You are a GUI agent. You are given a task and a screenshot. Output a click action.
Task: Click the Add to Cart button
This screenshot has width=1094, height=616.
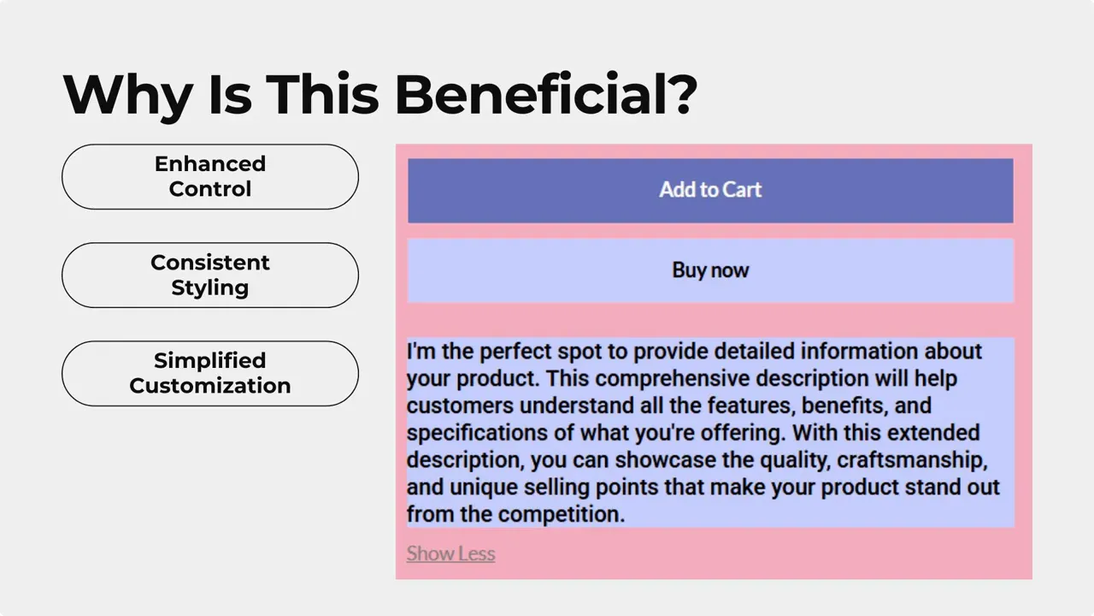click(x=709, y=190)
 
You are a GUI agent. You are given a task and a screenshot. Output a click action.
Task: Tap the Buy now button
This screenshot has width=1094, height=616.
click(x=709, y=270)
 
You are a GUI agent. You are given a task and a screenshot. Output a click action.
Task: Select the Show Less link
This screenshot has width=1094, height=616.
click(x=450, y=554)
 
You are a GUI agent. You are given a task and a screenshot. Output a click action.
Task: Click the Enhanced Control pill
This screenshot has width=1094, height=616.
click(x=210, y=177)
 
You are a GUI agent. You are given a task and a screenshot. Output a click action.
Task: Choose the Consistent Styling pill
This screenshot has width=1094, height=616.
click(x=210, y=275)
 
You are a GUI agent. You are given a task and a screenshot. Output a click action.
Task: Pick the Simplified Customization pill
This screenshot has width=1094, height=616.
click(x=210, y=374)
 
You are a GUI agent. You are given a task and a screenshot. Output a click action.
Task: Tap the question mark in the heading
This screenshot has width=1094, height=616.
click(x=680, y=94)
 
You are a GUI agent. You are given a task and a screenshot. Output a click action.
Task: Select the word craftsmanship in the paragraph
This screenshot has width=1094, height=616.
click(x=911, y=460)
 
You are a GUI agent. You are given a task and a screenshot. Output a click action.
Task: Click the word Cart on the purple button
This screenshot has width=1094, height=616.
click(x=741, y=190)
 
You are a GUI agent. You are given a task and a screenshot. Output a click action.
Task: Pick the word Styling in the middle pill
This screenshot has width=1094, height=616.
click(x=210, y=288)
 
